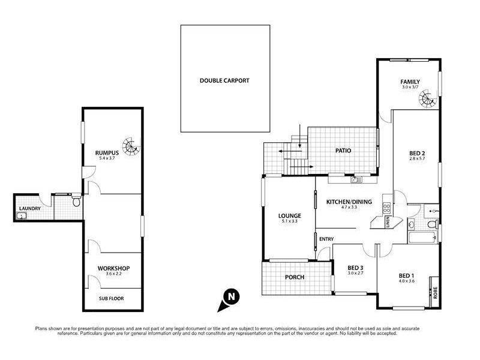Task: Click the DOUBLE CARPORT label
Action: click(224, 80)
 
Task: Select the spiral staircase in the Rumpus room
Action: click(130, 145)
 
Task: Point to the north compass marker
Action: click(230, 297)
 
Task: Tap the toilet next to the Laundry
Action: click(75, 203)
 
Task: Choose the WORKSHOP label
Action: click(113, 268)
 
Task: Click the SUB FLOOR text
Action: click(113, 297)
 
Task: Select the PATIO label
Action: click(343, 151)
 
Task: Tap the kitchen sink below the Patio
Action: click(355, 178)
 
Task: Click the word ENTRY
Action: click(326, 239)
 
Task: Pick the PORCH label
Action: click(295, 277)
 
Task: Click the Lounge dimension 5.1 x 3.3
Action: click(289, 221)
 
